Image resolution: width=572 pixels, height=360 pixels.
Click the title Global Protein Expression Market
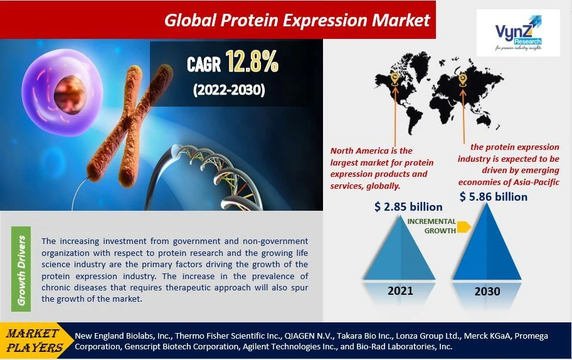(x=297, y=20)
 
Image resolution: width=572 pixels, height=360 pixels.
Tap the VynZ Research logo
(x=518, y=33)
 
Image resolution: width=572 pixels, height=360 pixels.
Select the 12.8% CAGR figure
(x=253, y=63)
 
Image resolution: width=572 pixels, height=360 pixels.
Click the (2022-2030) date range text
(x=228, y=90)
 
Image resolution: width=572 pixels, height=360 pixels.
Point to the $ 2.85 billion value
(x=408, y=206)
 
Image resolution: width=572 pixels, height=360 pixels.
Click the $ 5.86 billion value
(x=493, y=196)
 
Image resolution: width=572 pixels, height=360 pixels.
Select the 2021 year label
(x=401, y=291)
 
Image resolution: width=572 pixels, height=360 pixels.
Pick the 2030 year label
(x=487, y=291)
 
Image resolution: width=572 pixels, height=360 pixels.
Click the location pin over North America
(x=394, y=78)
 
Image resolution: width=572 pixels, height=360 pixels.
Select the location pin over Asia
(x=463, y=79)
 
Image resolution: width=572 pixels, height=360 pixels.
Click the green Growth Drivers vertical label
(x=22, y=270)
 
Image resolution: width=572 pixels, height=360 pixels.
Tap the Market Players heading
(x=34, y=341)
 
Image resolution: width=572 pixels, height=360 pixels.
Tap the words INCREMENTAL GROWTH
(x=432, y=226)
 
